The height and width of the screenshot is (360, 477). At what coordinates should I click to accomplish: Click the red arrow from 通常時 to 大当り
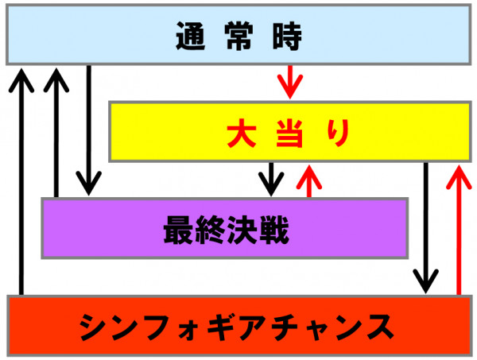coord(290,82)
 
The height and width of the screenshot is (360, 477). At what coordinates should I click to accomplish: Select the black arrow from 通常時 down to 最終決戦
coord(88,130)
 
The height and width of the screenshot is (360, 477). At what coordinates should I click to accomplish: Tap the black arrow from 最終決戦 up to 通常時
coord(56,133)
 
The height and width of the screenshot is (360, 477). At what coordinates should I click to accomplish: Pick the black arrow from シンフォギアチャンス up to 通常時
coord(21,181)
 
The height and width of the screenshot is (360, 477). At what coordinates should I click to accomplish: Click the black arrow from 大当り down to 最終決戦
coord(271,180)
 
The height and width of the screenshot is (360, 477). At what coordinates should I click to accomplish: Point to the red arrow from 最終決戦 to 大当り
coord(309,181)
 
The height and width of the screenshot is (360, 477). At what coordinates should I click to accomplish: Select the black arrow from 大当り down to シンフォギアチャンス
coord(426,228)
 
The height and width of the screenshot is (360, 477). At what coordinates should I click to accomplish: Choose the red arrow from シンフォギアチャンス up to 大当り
coord(459,230)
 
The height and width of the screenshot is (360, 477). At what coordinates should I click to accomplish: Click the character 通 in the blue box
coord(191,36)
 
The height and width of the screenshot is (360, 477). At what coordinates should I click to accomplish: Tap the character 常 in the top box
coord(238,36)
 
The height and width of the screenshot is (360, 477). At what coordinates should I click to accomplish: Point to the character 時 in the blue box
coord(287,36)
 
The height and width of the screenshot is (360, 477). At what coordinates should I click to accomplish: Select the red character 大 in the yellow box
coord(241,134)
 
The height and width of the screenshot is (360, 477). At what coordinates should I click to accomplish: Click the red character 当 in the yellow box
coord(289,134)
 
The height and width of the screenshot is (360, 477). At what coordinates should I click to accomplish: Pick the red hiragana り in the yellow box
coord(338,134)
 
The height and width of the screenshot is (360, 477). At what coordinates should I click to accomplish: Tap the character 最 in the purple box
coord(178,230)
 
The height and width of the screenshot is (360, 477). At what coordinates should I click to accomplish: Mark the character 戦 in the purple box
coord(273,230)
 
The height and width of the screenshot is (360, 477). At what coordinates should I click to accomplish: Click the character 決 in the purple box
coord(242,230)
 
